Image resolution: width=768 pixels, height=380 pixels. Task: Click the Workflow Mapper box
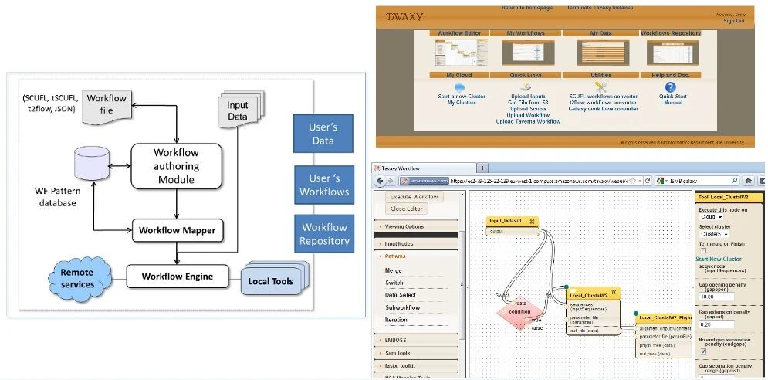(x=177, y=229)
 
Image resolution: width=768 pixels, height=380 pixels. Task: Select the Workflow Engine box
(x=177, y=276)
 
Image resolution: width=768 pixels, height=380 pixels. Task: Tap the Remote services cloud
(x=77, y=279)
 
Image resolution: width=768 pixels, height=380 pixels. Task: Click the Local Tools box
(x=270, y=281)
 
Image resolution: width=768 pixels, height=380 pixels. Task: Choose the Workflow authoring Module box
(x=176, y=166)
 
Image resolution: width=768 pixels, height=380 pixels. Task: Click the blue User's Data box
(x=323, y=132)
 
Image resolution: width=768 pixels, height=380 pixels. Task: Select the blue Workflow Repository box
(x=323, y=234)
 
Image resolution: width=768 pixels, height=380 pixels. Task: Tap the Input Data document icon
(x=238, y=111)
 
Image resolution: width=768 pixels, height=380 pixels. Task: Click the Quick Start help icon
(x=670, y=87)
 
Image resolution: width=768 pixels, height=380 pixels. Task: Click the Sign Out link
(x=733, y=21)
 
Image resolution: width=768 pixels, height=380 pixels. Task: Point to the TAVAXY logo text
(x=404, y=16)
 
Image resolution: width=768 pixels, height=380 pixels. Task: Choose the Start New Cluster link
(x=719, y=259)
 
